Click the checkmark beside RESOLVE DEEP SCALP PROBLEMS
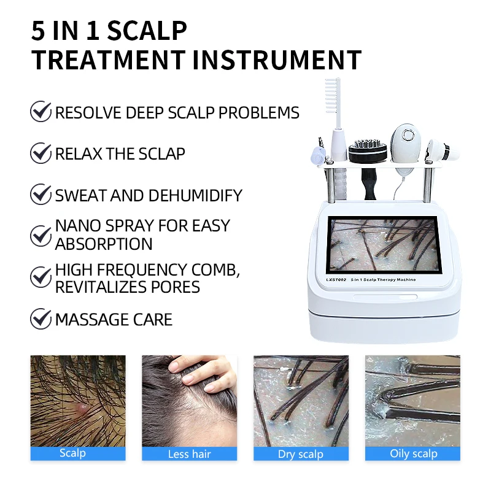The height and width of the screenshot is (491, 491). (41, 112)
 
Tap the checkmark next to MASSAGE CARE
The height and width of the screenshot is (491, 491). (41, 319)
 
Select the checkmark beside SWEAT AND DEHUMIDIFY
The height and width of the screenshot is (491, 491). (41, 195)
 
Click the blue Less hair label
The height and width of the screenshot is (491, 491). (189, 454)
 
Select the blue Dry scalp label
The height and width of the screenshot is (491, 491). (301, 454)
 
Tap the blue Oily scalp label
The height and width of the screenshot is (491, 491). (412, 454)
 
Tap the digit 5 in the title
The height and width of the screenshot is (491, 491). (38, 31)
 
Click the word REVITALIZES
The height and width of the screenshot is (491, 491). (109, 287)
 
